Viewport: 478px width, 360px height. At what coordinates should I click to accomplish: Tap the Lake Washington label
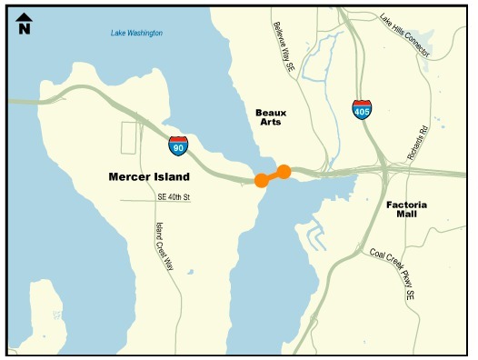[136, 34]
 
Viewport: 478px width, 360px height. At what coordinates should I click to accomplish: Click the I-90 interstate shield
[178, 145]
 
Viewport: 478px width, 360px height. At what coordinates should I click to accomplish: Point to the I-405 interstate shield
[362, 110]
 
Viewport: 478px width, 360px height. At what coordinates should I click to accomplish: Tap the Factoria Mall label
[406, 212]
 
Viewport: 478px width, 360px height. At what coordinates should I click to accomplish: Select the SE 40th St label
[174, 196]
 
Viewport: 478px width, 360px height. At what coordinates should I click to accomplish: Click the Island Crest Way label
[164, 245]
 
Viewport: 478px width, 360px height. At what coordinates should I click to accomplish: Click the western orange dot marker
[262, 180]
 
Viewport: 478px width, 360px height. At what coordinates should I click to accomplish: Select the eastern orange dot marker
[284, 171]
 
